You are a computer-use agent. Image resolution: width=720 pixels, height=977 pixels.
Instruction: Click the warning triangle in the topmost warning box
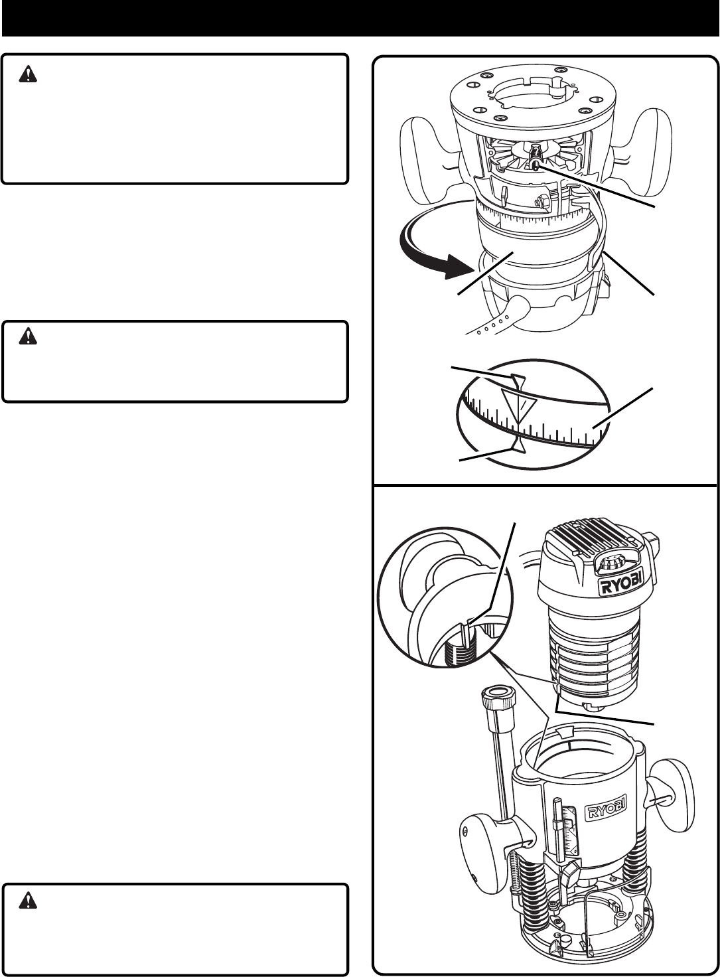tap(28, 76)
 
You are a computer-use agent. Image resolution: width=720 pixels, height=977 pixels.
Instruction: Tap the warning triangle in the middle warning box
tap(28, 338)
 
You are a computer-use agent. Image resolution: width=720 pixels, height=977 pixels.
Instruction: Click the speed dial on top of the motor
tap(612, 566)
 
